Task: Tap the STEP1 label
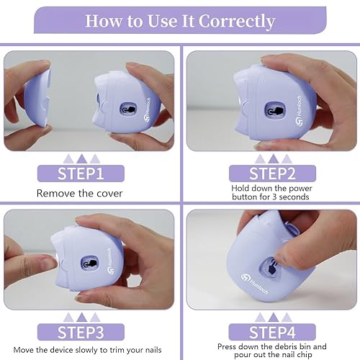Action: [81, 174]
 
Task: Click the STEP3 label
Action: [81, 333]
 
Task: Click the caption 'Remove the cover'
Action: [81, 193]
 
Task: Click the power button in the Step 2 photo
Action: [274, 110]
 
